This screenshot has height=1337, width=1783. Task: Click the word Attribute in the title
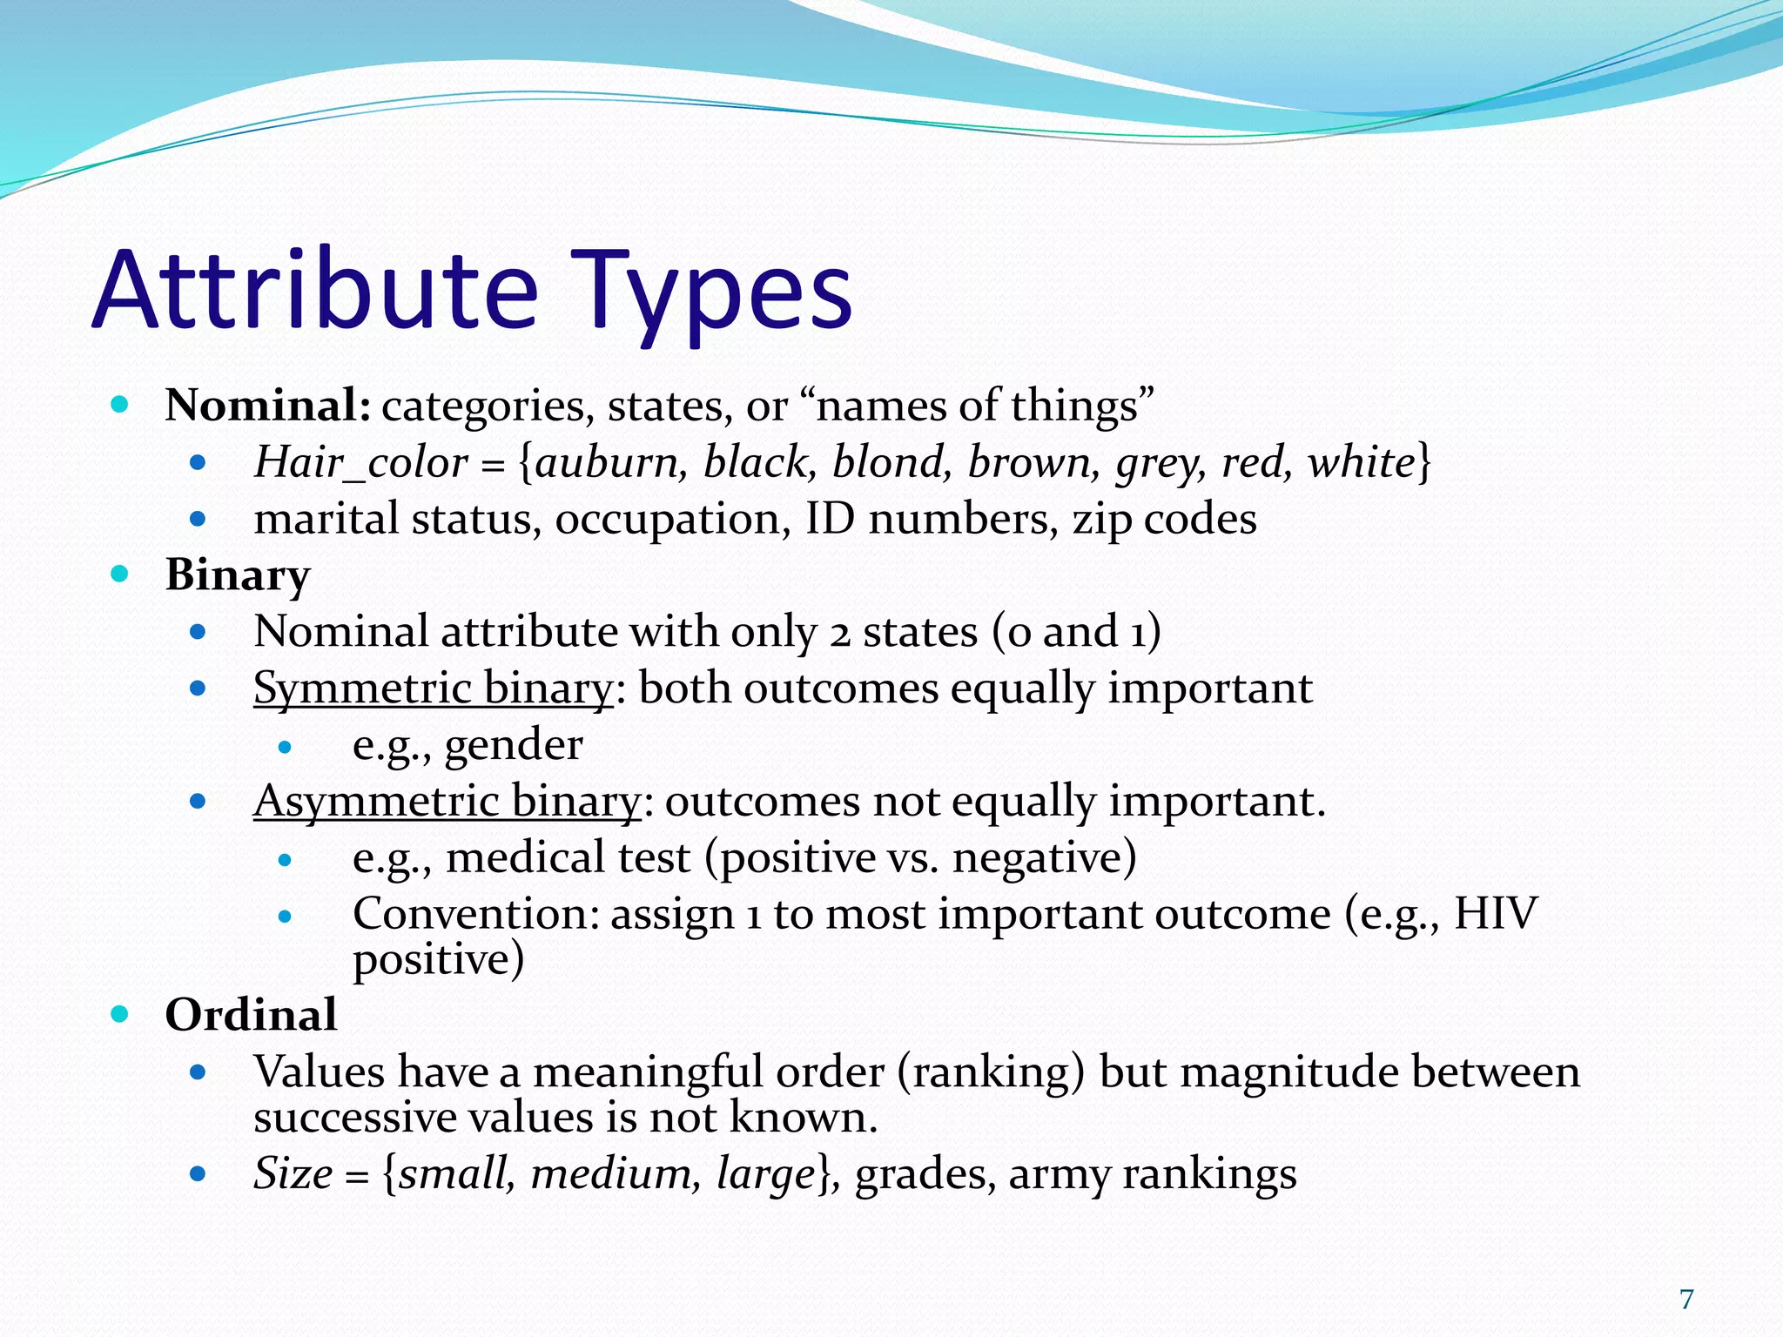(315, 292)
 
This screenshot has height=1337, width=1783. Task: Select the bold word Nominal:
(269, 406)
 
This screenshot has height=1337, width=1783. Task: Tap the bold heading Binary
(238, 575)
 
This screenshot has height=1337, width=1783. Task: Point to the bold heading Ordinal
(251, 1015)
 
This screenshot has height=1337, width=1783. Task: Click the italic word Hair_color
(360, 462)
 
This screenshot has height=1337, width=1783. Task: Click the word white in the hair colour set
(1362, 462)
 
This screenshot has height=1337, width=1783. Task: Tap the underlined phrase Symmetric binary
(434, 689)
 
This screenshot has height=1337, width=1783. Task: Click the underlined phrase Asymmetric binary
(447, 802)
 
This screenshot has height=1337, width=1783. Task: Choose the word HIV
(1496, 914)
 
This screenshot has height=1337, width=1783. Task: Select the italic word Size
(293, 1173)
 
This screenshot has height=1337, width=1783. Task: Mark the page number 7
(1686, 1300)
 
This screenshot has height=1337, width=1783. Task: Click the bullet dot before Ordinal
(120, 1014)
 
